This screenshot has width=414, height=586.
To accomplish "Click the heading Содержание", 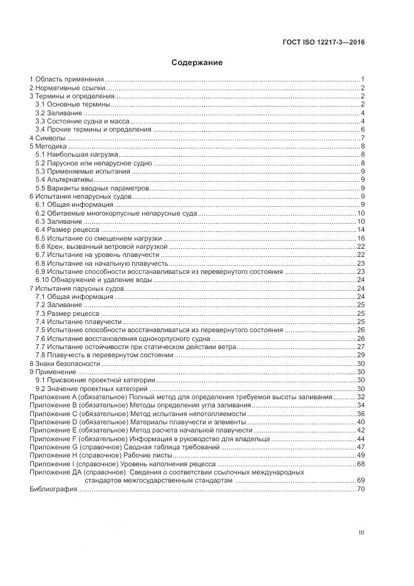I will [197, 63].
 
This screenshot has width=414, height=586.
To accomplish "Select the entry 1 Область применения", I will [66, 80].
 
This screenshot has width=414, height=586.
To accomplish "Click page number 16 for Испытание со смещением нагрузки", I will [361, 238].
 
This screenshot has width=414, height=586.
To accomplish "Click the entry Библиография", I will [53, 488].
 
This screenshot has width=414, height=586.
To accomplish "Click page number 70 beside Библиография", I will [361, 488].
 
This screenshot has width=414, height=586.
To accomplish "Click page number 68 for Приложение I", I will [361, 464].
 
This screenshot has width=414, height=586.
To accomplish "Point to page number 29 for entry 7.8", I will [361, 355].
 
